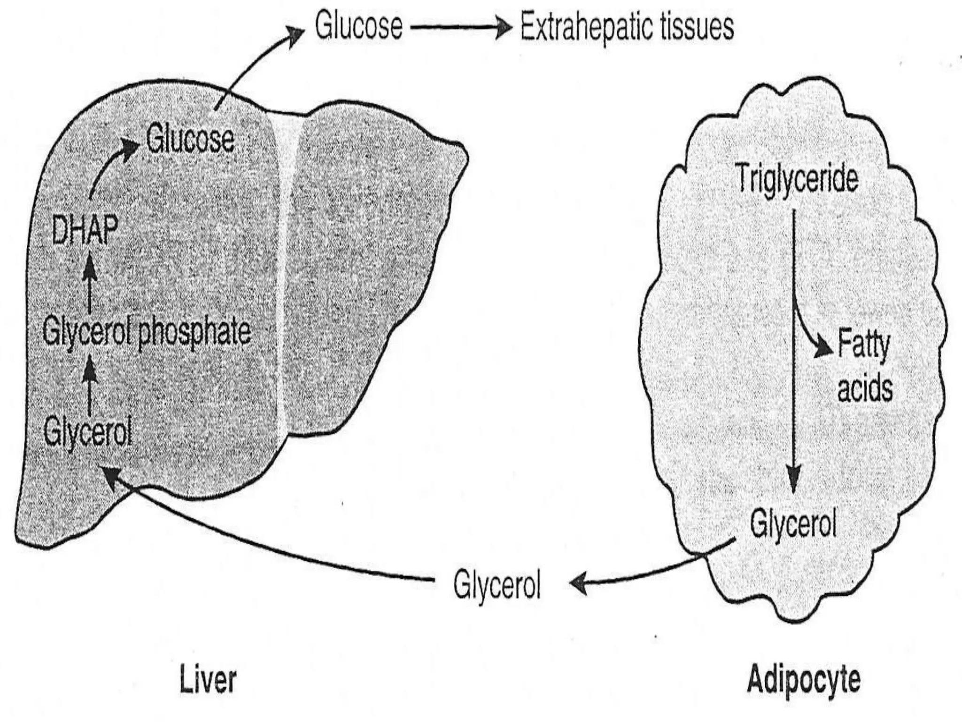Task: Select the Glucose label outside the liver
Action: point(359,26)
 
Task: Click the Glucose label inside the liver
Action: point(190,139)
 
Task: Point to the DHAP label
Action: point(85,231)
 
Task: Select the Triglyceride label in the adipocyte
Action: point(797,179)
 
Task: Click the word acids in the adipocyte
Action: point(865,389)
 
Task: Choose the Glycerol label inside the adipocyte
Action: point(793,524)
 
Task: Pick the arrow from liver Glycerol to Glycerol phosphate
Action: point(91,388)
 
